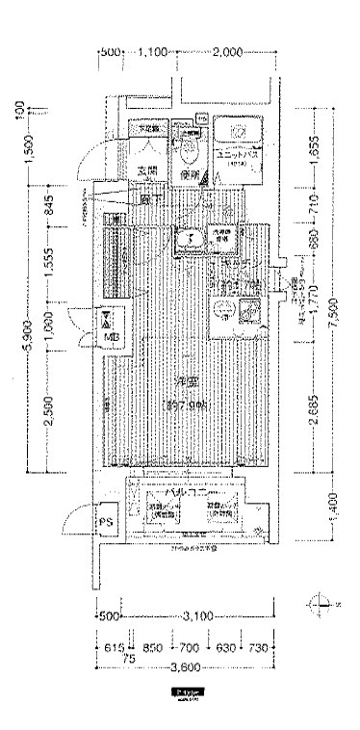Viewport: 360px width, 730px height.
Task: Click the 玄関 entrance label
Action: [x=146, y=172]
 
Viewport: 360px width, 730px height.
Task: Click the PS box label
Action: [x=105, y=523]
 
